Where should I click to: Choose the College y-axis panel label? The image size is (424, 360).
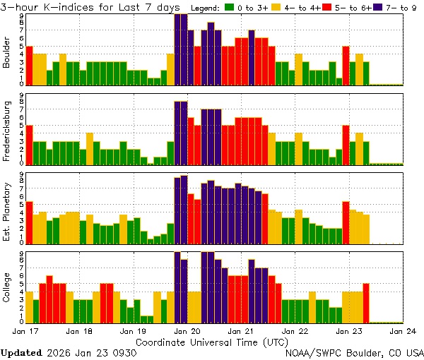(x=7, y=288)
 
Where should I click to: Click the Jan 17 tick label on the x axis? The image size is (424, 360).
(x=25, y=331)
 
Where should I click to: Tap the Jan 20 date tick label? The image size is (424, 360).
(x=187, y=331)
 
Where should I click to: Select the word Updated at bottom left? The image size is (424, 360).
(x=21, y=352)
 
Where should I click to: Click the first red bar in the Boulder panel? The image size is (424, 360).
(x=29, y=66)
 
